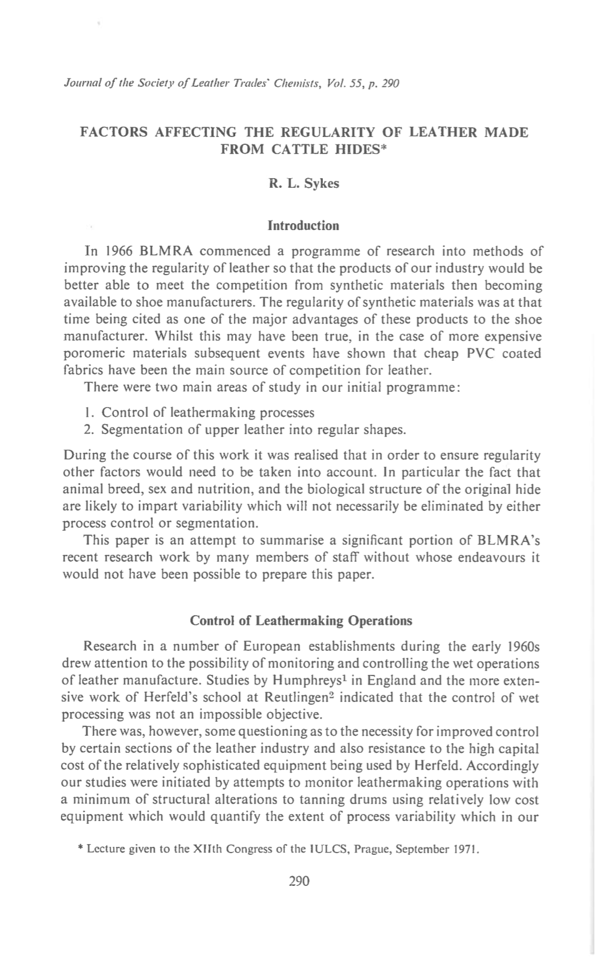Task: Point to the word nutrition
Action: point(226,489)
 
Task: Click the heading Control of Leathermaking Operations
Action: point(301,621)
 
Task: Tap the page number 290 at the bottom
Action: point(299,881)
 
